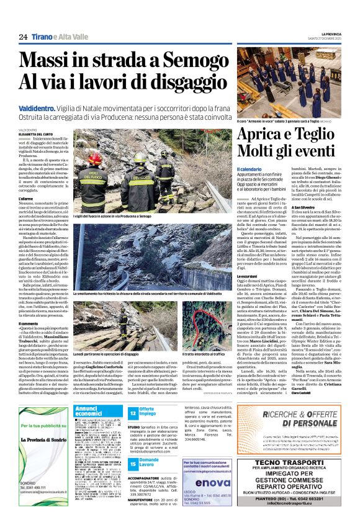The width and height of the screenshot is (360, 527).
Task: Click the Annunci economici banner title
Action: (x=92, y=410)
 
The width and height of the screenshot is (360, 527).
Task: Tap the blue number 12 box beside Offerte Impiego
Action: (x=133, y=412)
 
